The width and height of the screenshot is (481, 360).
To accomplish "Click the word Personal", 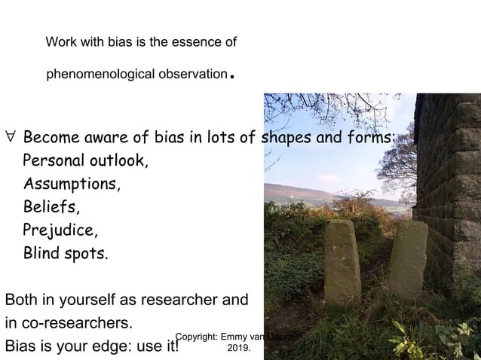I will point(55,161).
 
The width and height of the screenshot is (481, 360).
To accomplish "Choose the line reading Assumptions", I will point(72,184).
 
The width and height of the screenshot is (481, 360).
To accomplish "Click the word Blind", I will point(41,252).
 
